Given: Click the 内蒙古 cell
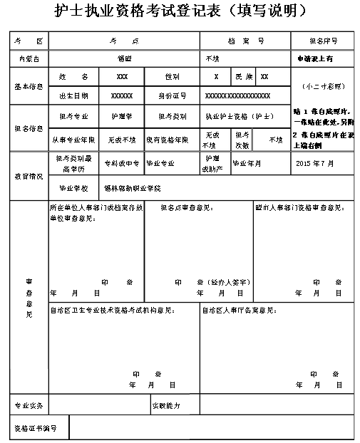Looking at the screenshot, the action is coord(28,58).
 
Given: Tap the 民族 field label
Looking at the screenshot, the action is coord(242,76).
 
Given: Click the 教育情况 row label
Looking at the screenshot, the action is coord(28,175).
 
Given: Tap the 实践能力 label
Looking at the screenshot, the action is coord(165,405).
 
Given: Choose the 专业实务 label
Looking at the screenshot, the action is coord(29,405).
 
